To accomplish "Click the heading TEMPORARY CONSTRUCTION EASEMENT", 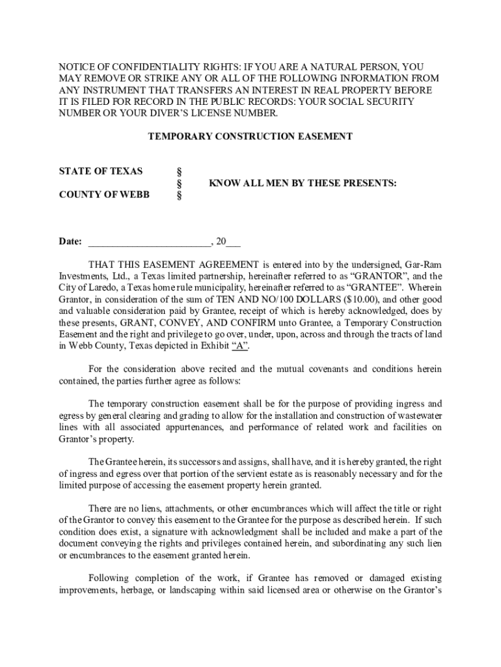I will (x=251, y=137).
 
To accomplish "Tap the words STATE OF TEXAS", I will (x=100, y=171).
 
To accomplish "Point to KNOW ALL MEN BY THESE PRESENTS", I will (x=303, y=184).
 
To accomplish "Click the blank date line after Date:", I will (x=149, y=242).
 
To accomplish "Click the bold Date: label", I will (x=70, y=242).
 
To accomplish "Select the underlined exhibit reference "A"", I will (x=240, y=347).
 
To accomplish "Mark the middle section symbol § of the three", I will (x=179, y=184).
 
